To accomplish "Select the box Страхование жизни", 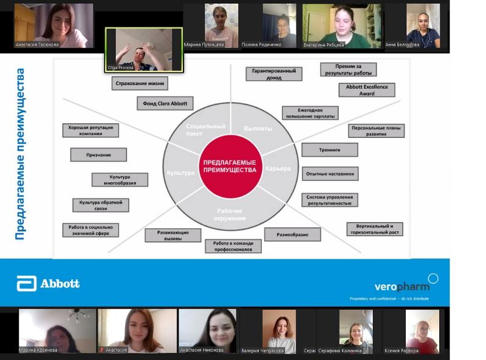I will point(140,83).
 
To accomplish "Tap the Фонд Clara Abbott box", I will point(165,103).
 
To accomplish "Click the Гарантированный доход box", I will point(273,74).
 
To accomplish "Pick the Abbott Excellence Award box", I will point(367,90).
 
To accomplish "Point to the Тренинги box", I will point(329,149).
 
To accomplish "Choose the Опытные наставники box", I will point(329,174).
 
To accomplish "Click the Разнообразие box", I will point(292,234).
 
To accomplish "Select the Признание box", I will point(98,154).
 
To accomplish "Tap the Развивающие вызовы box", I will point(173,236).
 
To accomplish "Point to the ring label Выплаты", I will point(258,129).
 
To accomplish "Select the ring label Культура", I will point(180,173).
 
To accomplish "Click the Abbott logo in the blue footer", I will point(49,284).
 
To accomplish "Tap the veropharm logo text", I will point(402,286).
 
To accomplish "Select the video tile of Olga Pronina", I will point(143,49).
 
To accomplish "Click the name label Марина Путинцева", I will point(204,45).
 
